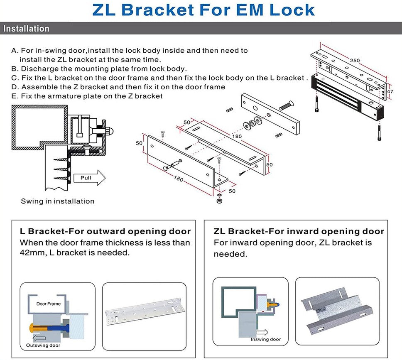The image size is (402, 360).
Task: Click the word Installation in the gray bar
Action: [x=26, y=29]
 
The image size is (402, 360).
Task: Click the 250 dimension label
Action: [x=355, y=61]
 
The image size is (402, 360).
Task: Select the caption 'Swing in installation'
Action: [x=58, y=201]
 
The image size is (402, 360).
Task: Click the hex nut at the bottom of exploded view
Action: [x=219, y=201]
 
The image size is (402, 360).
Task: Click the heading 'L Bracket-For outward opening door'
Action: [x=105, y=232]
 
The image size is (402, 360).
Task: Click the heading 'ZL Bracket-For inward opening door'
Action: [x=299, y=232]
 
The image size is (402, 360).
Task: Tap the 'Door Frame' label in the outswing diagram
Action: [x=48, y=304]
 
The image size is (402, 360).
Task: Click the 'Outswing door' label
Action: [x=43, y=345]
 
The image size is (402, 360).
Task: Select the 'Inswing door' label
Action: [x=265, y=340]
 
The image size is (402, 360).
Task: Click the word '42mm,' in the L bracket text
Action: [x=32, y=252]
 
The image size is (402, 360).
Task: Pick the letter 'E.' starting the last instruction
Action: [x=15, y=96]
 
